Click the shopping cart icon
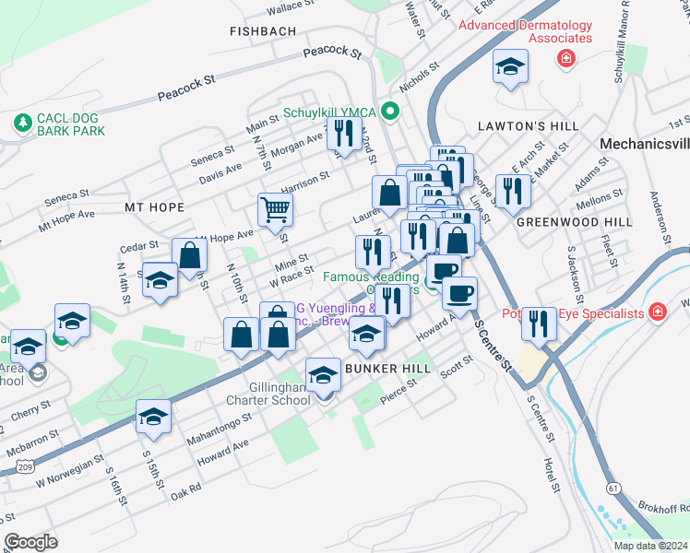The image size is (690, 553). click(275, 210)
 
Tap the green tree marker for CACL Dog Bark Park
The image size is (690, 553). click(20, 121)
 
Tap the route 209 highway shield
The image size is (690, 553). click(5, 467)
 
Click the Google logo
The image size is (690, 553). click(30, 541)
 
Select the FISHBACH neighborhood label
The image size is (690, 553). click(264, 31)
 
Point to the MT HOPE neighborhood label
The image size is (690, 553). click(154, 207)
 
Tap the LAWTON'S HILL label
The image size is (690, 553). click(529, 125)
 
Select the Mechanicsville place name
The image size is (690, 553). click(644, 144)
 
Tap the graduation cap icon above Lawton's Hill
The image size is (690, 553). click(508, 67)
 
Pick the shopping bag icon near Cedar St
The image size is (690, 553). click(189, 257)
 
